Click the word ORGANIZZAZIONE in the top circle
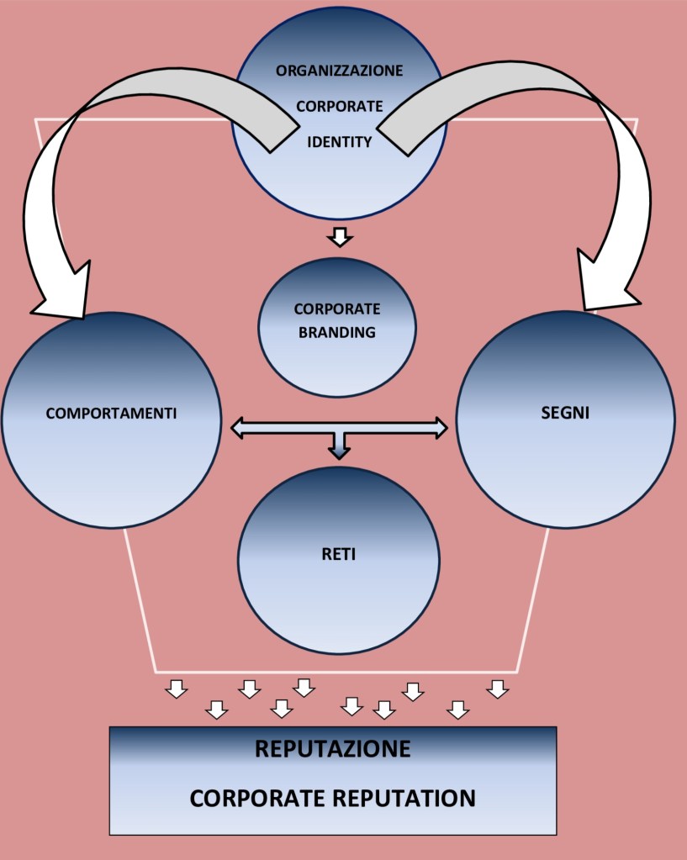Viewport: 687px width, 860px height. click(x=339, y=71)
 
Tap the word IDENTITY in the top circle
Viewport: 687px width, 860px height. click(x=339, y=142)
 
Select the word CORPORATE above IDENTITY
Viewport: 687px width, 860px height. click(x=339, y=107)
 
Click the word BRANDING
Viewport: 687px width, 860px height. click(x=337, y=332)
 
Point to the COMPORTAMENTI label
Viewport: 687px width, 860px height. click(x=111, y=414)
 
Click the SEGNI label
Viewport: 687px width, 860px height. click(x=564, y=414)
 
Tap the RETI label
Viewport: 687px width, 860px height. click(x=338, y=555)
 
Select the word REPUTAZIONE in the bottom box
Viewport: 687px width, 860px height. click(x=333, y=749)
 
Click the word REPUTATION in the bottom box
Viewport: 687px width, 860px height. click(x=409, y=798)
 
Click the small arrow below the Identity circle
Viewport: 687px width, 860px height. click(x=339, y=237)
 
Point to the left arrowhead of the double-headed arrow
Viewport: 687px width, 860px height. click(x=239, y=428)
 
